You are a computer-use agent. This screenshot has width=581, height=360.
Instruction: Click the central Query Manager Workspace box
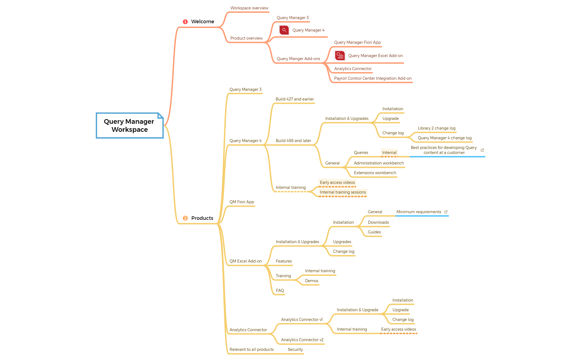(x=130, y=125)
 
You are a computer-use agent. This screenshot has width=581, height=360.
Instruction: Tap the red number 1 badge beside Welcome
(x=185, y=22)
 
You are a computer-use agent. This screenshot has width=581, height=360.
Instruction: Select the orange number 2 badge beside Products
(x=185, y=218)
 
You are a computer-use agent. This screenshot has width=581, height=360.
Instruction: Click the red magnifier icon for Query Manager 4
(x=284, y=30)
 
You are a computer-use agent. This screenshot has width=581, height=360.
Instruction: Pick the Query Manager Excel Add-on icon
(x=340, y=56)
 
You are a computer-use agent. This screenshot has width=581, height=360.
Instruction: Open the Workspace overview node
(x=249, y=8)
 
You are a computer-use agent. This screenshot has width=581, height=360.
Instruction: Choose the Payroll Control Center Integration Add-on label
(x=373, y=78)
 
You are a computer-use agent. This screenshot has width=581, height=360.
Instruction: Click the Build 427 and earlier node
(x=295, y=99)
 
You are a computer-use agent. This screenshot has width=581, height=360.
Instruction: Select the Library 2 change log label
(x=436, y=128)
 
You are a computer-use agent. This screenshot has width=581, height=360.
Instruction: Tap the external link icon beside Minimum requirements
(x=446, y=212)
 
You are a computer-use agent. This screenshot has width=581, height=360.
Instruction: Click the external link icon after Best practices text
(x=482, y=150)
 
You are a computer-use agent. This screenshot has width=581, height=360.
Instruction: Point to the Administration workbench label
(x=379, y=163)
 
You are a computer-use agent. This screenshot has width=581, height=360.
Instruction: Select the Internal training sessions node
(x=343, y=192)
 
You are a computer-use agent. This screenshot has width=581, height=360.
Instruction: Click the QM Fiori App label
(x=241, y=202)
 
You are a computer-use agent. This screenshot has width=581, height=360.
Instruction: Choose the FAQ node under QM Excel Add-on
(x=280, y=290)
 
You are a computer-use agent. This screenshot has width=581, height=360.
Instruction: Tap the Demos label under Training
(x=311, y=281)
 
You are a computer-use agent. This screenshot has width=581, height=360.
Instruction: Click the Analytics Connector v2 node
(x=302, y=340)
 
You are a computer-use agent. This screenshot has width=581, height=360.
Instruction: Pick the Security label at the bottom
(x=295, y=349)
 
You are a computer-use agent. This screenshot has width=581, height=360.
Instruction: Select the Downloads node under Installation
(x=378, y=222)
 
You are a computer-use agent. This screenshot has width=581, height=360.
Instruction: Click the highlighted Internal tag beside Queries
(x=389, y=153)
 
